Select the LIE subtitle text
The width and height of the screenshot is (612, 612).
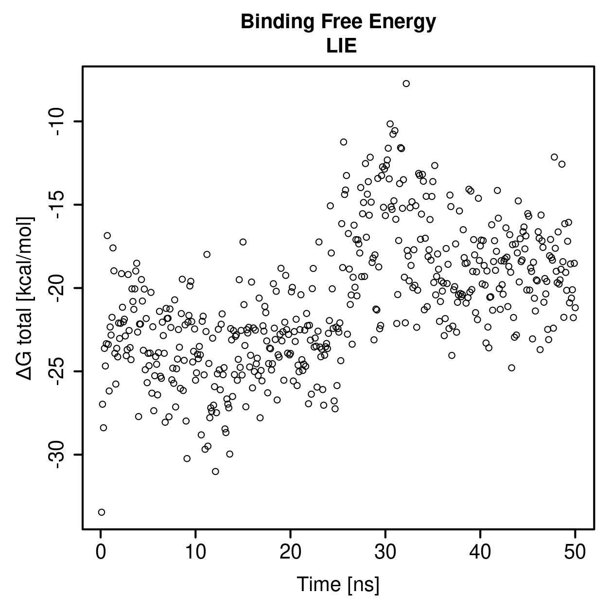[341, 46]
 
